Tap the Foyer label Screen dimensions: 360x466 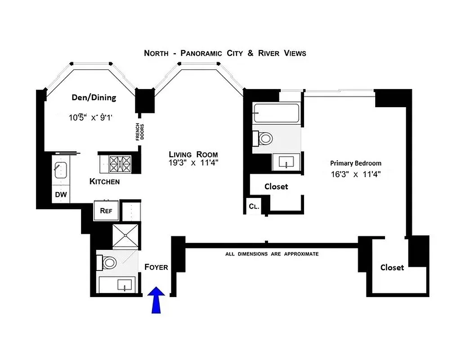point(156,267)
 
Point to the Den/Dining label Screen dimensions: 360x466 point(94,97)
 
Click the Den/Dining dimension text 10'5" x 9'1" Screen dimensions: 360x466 point(90,118)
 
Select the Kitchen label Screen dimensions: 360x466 point(104,182)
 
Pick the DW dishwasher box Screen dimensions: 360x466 point(61,194)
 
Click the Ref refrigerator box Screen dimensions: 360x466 point(106,210)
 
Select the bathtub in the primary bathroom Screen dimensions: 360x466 point(276,113)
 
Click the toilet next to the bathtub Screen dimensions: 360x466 point(262,138)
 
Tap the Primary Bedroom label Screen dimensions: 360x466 point(355,163)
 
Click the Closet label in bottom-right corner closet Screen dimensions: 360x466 point(392,267)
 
